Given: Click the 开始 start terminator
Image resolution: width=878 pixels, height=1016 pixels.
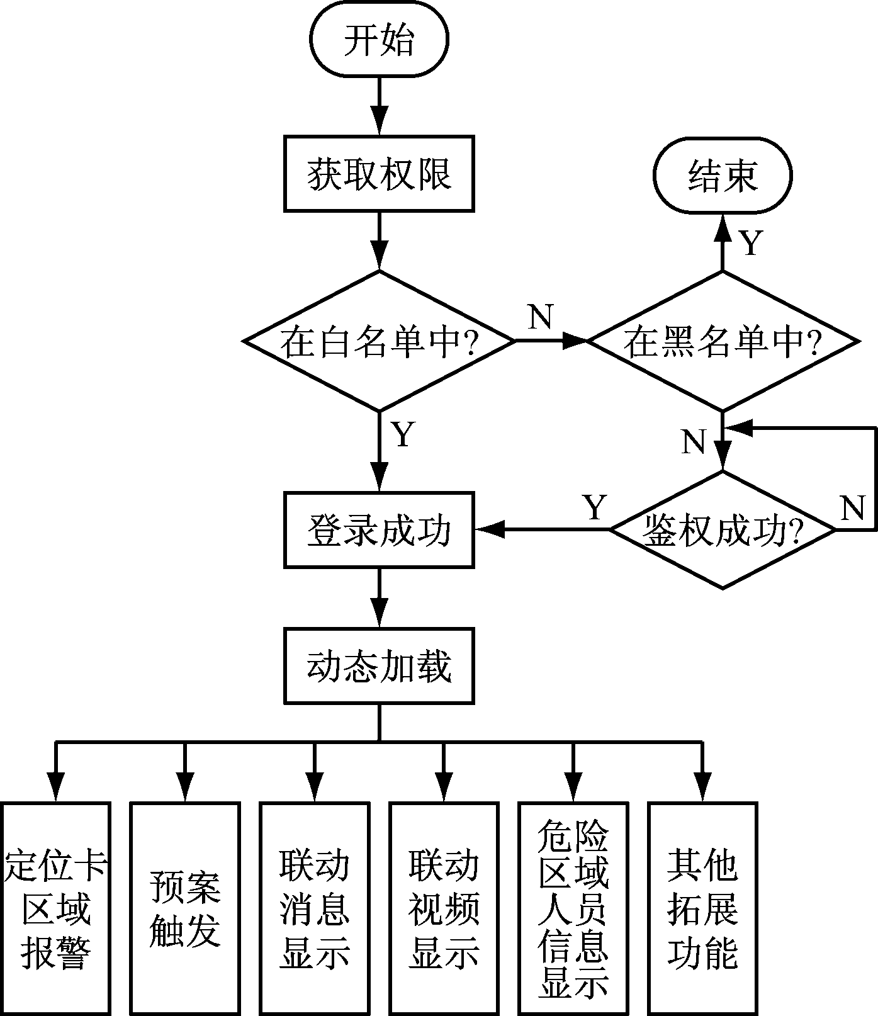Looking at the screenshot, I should (379, 40).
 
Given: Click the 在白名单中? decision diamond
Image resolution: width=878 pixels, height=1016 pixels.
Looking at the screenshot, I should (379, 341).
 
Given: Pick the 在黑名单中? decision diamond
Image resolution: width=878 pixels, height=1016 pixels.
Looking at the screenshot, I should (723, 341).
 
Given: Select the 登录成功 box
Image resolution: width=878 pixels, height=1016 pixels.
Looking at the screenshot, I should (379, 530).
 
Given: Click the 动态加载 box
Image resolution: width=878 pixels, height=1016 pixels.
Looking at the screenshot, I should (379, 665).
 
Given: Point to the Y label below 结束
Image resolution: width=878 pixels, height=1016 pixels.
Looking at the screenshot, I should (750, 243).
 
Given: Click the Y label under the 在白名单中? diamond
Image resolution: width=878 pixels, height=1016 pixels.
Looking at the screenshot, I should (403, 434).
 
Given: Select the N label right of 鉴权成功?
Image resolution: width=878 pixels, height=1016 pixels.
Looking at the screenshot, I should (853, 507).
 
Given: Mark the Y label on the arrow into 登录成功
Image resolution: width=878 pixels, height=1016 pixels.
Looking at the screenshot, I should (595, 507).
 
